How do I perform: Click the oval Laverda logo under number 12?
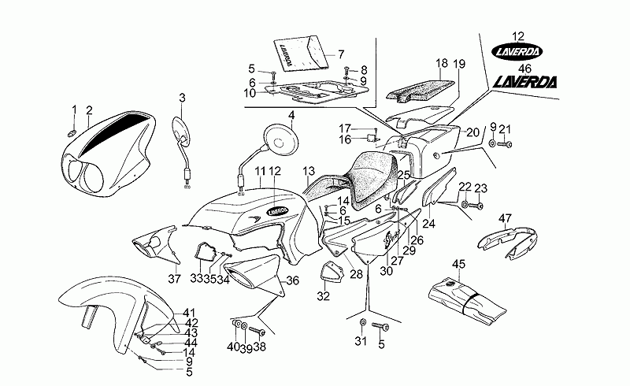(x=517, y=52)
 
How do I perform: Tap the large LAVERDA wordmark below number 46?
(x=525, y=80)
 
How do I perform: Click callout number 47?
(x=506, y=219)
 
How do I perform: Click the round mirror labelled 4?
(x=283, y=137)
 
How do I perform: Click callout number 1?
(x=74, y=109)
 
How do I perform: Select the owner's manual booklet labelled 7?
(x=300, y=53)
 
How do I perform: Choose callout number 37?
(x=175, y=278)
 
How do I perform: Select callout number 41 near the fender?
(x=190, y=313)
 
